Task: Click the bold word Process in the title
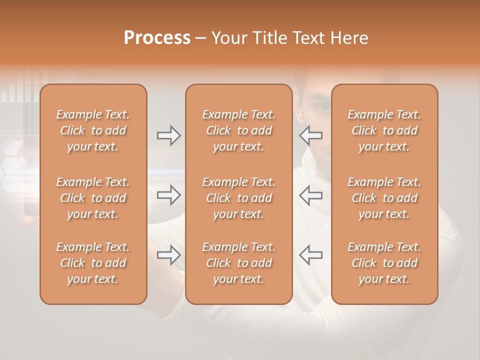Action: [157, 37]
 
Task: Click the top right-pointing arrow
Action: [168, 135]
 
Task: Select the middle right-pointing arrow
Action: [168, 195]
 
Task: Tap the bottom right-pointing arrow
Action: [168, 255]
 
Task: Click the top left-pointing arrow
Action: [310, 135]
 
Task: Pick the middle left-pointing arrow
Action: [310, 195]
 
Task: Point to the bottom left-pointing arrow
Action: [310, 255]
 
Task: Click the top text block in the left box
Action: [93, 130]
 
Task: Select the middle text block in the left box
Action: [93, 198]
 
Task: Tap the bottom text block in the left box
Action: [93, 263]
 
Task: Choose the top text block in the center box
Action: [239, 130]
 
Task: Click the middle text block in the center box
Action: [239, 198]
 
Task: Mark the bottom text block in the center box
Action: [239, 263]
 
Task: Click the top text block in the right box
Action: [384, 130]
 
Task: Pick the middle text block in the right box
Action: [384, 198]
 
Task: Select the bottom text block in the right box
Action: [384, 263]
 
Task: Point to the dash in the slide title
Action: [200, 38]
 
